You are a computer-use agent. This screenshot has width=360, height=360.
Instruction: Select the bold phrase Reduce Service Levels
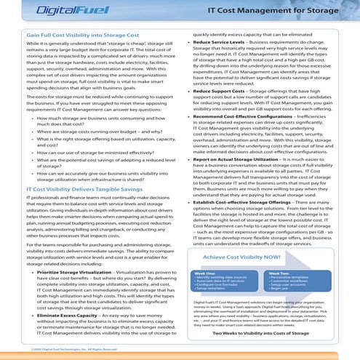[225, 44]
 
